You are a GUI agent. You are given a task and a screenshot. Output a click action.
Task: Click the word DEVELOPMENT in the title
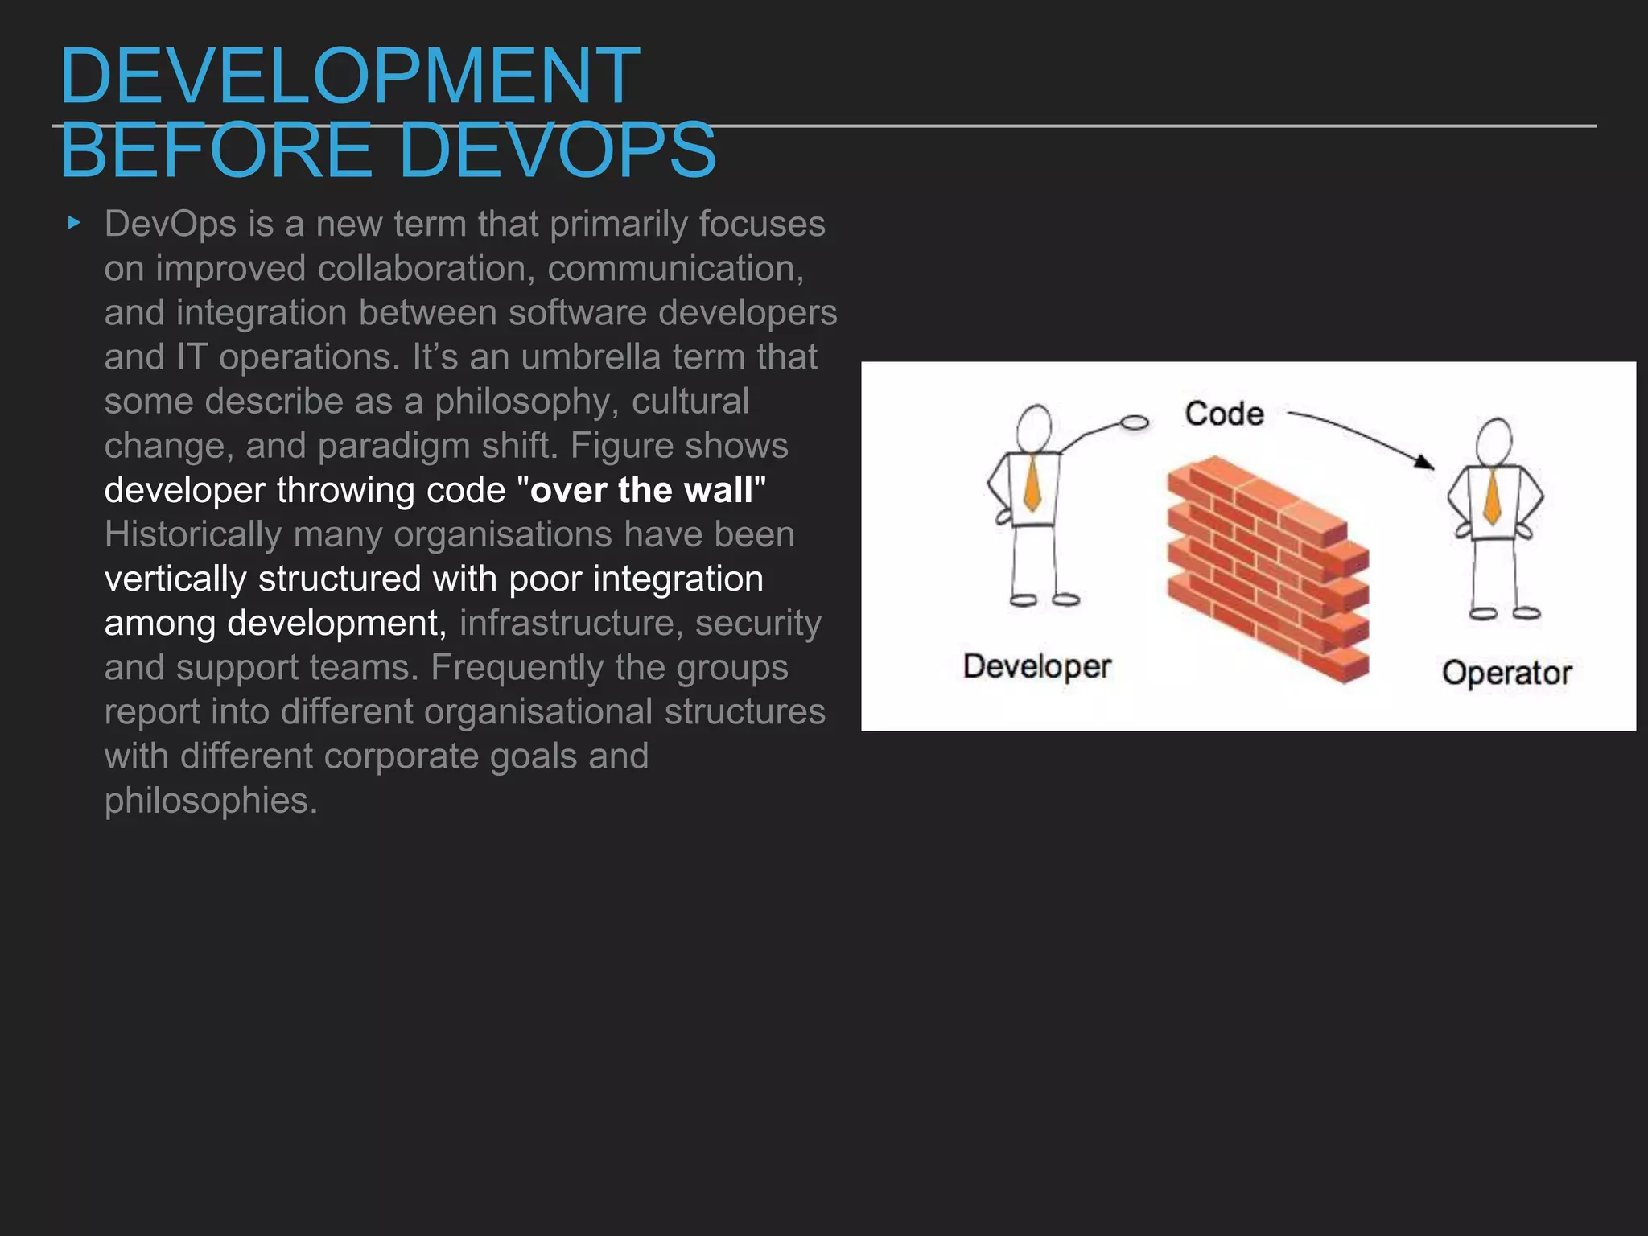click(x=349, y=76)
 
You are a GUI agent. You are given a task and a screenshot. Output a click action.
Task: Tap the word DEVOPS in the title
click(x=557, y=150)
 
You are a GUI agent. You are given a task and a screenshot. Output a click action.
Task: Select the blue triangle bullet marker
click(x=74, y=223)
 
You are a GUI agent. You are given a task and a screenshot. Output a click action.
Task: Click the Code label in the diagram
click(x=1224, y=414)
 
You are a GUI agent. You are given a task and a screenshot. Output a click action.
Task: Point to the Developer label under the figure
click(x=1037, y=666)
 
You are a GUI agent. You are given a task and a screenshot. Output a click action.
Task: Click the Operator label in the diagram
click(x=1506, y=673)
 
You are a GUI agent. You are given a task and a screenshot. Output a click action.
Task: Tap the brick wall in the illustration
click(x=1268, y=567)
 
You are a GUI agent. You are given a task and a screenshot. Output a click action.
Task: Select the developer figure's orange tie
click(x=1032, y=484)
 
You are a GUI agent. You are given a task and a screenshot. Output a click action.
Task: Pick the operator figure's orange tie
click(x=1492, y=496)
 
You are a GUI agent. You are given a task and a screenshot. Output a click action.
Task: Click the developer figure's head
click(x=1034, y=428)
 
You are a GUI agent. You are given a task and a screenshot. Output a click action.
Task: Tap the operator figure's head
click(x=1494, y=442)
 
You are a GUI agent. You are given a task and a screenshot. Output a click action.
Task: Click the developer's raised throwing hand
click(x=1135, y=422)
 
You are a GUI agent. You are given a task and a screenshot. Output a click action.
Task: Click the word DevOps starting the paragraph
click(x=170, y=224)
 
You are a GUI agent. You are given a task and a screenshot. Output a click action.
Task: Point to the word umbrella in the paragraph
click(x=590, y=357)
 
